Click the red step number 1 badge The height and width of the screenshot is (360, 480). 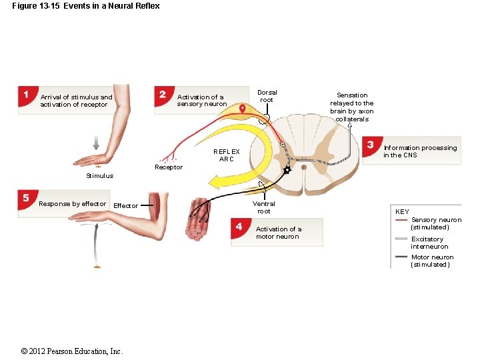pyautogui.click(x=26, y=95)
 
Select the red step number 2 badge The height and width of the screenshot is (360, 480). pyautogui.click(x=163, y=94)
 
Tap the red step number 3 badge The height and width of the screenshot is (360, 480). pyautogui.click(x=370, y=145)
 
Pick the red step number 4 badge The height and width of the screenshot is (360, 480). pyautogui.click(x=239, y=226)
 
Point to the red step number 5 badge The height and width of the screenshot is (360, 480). pyautogui.click(x=26, y=198)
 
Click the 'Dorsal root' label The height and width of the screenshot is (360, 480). pyautogui.click(x=267, y=96)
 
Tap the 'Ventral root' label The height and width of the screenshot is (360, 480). pyautogui.click(x=264, y=207)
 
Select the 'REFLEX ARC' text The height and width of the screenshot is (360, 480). pyautogui.click(x=226, y=155)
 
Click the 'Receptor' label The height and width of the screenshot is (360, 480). pyautogui.click(x=168, y=167)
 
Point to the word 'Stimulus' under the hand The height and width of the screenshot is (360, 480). pyautogui.click(x=99, y=176)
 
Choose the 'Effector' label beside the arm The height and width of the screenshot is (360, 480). pyautogui.click(x=125, y=206)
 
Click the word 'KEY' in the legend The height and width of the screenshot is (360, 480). pyautogui.click(x=402, y=212)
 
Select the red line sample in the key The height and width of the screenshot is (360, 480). pyautogui.click(x=401, y=220)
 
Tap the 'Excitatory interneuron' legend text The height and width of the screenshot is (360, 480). pyautogui.click(x=427, y=243)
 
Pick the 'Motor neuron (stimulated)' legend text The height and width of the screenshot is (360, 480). pyautogui.click(x=432, y=261)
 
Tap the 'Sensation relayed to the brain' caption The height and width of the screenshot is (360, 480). pyautogui.click(x=352, y=107)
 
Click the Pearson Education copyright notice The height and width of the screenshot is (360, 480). pyautogui.click(x=72, y=351)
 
